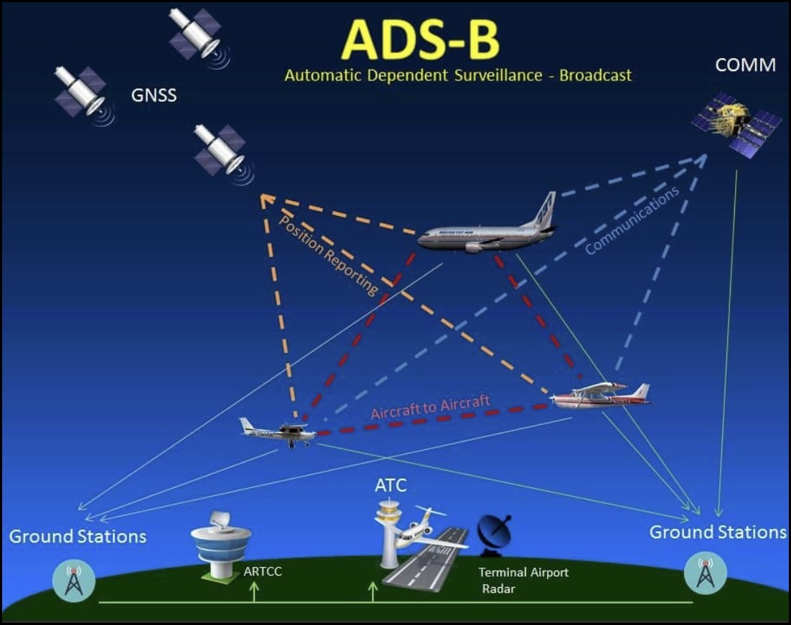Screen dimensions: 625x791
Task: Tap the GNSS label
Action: tap(154, 95)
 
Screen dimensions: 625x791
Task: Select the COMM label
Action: tap(745, 65)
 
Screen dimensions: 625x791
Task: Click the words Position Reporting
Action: tap(328, 255)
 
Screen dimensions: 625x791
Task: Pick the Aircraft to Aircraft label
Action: tap(431, 408)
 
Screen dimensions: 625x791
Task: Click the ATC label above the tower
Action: tap(390, 486)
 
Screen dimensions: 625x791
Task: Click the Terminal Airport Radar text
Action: tap(523, 580)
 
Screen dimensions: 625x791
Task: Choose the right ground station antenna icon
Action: tap(706, 572)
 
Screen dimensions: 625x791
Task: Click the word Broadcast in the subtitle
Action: tap(596, 75)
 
